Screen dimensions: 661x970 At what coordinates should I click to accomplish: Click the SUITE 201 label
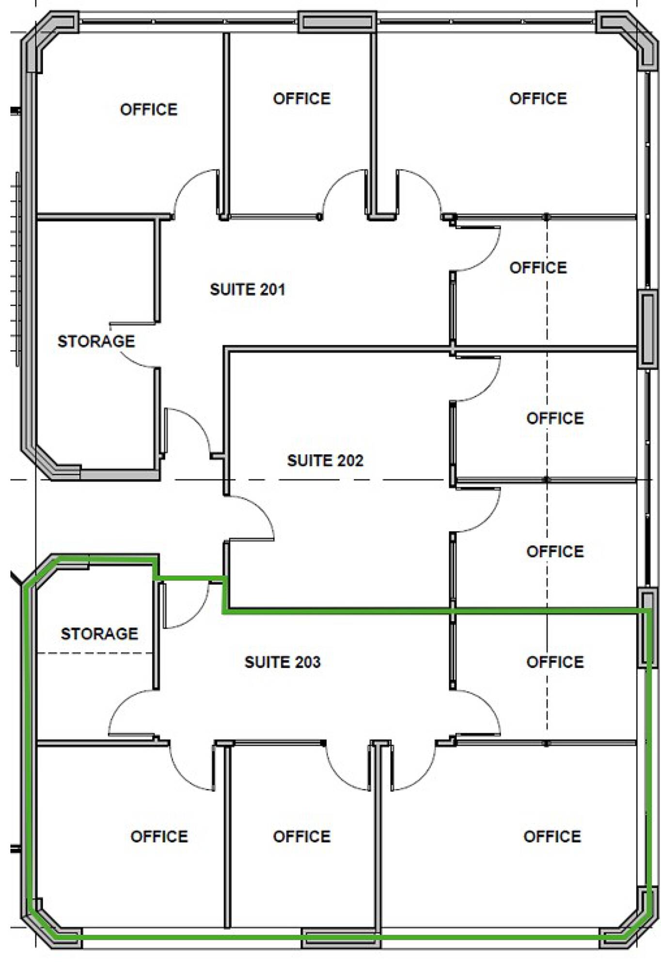coord(247,290)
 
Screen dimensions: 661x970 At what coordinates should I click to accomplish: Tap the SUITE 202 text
coord(325,460)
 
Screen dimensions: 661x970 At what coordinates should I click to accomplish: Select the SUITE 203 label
coord(283,662)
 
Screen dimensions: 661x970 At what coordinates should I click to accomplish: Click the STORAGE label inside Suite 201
coord(96,341)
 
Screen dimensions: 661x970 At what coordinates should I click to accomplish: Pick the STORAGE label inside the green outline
coord(99,633)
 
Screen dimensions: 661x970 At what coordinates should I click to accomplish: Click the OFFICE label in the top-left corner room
coord(149,110)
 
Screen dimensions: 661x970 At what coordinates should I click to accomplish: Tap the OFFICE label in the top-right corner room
coord(538,99)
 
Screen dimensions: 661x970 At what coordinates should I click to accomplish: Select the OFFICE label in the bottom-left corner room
coord(159,837)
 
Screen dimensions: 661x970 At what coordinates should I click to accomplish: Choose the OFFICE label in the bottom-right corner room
coord(552,837)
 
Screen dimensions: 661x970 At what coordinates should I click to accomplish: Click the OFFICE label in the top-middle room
coord(301,99)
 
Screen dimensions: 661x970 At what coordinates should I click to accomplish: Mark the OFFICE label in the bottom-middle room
coord(301,837)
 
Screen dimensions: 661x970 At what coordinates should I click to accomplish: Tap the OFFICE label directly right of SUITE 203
coord(555,662)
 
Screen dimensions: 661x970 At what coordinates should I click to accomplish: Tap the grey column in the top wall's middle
coord(337,22)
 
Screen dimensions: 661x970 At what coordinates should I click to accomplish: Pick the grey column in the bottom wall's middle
coord(340,938)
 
